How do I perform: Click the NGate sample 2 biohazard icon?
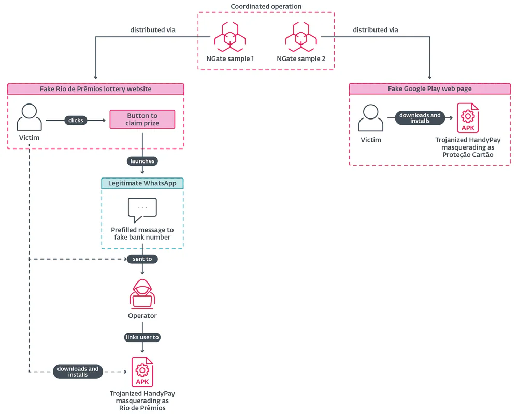[301, 37]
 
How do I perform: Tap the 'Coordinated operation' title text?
[266, 6]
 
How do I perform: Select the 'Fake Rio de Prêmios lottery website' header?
[96, 89]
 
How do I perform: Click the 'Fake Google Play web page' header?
[429, 89]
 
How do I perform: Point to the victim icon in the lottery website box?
[30, 117]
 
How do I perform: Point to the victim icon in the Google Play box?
[371, 117]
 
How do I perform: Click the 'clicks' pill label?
[76, 120]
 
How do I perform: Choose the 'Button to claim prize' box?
[142, 120]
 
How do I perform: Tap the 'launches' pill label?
[142, 161]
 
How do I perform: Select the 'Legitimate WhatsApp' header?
[142, 183]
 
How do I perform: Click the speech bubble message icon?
[142, 210]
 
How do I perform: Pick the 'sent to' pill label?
[142, 259]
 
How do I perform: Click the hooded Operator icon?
[142, 293]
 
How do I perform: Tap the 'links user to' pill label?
[142, 337]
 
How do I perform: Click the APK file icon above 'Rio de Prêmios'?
[142, 372]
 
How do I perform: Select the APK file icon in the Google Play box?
[468, 118]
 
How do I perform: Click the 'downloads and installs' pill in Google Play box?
[420, 118]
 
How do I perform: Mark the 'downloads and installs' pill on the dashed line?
[78, 372]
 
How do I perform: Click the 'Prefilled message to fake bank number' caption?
[142, 233]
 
